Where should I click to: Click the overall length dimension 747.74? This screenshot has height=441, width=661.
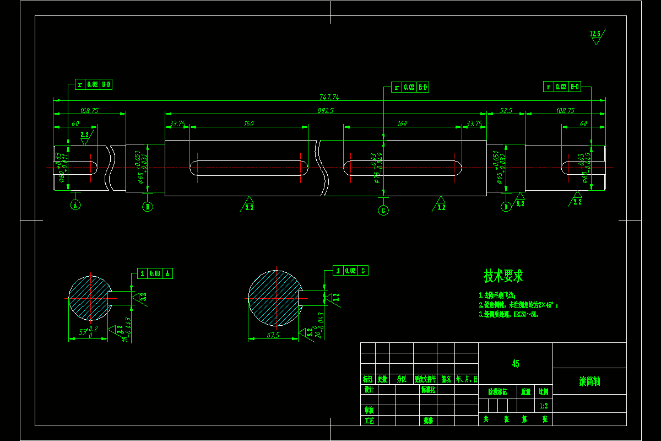coord(329,97)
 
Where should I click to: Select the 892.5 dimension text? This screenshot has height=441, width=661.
coord(326,110)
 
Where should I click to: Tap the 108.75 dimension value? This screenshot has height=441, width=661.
coord(565,110)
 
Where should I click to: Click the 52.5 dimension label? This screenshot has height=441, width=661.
coord(506,110)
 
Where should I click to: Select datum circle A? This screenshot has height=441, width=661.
coord(75,205)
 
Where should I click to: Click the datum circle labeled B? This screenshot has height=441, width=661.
coord(147,207)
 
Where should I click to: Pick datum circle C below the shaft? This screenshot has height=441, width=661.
coord(383,210)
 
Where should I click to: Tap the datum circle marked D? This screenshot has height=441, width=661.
coord(506,207)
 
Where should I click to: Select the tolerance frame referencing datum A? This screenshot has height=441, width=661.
coord(155,273)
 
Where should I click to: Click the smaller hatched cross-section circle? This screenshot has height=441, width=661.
coord(90,298)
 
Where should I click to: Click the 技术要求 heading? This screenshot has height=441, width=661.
coord(503,276)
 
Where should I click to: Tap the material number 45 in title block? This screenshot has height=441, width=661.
coord(515,364)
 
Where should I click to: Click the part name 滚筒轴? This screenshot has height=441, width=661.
coord(589,381)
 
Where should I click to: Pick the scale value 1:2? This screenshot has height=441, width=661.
coord(543,406)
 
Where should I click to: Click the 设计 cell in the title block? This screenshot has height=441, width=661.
coord(369,389)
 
